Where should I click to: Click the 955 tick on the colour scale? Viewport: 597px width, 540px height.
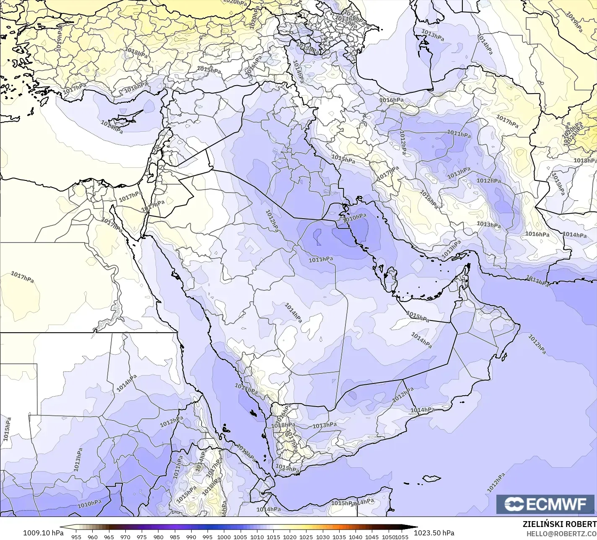tap(76, 537)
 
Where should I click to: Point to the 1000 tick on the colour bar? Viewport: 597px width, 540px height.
tap(224, 537)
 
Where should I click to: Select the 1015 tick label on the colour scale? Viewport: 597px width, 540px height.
tap(273, 537)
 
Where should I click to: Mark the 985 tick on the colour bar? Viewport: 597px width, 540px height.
tap(175, 537)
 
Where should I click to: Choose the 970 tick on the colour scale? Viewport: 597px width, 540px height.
tap(125, 537)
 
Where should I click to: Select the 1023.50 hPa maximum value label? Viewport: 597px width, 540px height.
tap(434, 533)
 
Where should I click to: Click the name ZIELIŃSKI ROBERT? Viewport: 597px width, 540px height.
tap(560, 524)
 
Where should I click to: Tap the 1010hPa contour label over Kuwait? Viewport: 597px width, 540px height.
tap(355, 217)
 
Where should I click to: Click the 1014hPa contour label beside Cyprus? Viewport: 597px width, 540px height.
tap(112, 126)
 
